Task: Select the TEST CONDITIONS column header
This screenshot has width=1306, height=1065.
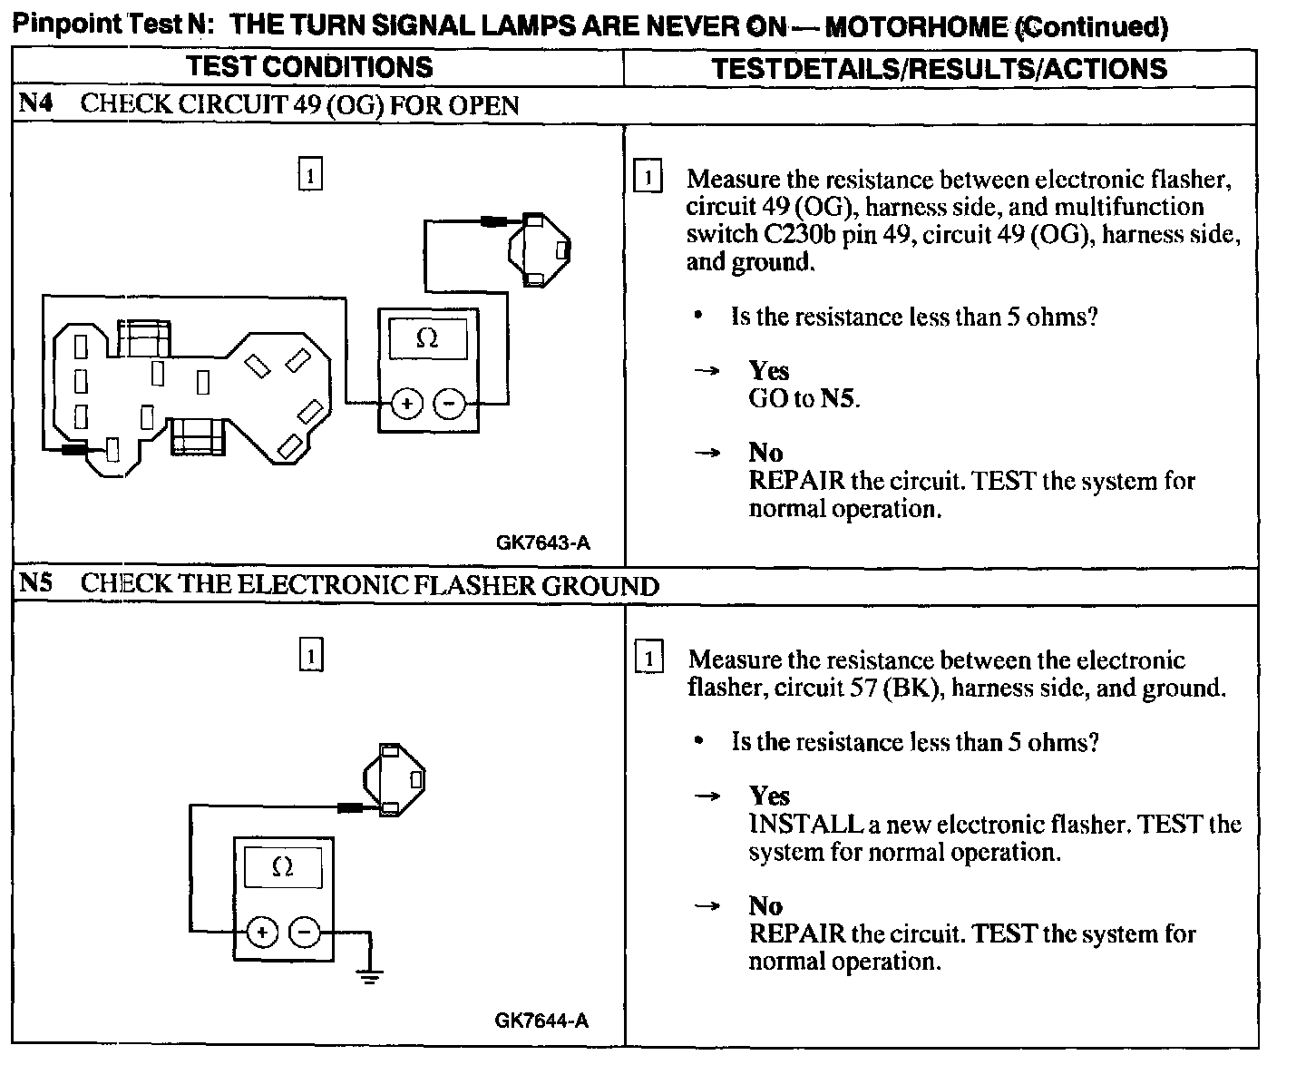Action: [310, 67]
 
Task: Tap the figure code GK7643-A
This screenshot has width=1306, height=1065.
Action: [542, 543]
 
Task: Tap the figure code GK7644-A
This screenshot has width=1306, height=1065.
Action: [541, 1021]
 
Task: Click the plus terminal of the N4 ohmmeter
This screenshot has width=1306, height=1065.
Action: [407, 404]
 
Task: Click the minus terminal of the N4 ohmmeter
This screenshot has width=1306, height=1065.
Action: [449, 404]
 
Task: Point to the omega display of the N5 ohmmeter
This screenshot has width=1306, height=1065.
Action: [283, 868]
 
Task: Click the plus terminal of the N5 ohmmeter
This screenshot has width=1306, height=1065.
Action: [262, 932]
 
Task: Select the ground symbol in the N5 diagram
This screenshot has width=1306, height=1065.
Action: [369, 977]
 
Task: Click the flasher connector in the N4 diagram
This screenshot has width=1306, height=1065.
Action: [539, 249]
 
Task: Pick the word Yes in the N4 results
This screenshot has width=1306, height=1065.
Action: [769, 370]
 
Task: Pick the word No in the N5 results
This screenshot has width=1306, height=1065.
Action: [765, 905]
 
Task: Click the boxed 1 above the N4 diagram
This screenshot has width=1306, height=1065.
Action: [310, 175]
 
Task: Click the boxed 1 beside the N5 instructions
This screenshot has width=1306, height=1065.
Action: [648, 658]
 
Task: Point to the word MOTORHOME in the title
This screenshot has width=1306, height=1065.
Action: [917, 26]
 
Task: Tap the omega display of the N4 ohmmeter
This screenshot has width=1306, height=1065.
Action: [427, 339]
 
